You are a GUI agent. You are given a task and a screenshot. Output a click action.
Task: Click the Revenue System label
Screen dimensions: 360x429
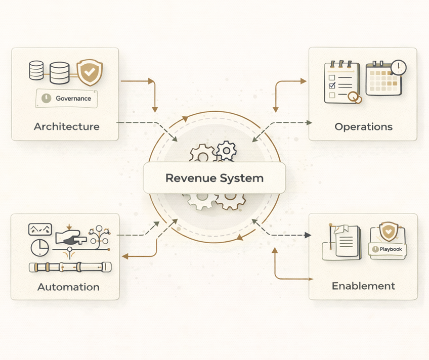tap(214, 178)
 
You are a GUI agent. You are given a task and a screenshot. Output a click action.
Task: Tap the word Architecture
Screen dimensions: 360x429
tap(66, 126)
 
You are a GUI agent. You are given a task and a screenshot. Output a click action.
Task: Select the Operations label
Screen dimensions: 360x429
tap(363, 126)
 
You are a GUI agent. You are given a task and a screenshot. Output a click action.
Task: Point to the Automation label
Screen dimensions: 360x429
tap(68, 287)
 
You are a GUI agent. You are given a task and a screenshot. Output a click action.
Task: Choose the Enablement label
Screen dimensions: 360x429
tap(363, 286)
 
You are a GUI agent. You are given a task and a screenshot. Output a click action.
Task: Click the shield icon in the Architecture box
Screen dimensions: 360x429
tap(90, 73)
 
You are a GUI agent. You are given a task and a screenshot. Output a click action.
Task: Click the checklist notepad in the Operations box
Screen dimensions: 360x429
tap(341, 82)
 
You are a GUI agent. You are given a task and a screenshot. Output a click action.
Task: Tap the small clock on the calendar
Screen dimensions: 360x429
tap(399, 67)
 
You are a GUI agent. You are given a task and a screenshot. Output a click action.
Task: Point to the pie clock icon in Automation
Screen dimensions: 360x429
tap(39, 247)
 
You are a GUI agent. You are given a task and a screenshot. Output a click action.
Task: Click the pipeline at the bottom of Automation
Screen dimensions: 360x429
tap(67, 267)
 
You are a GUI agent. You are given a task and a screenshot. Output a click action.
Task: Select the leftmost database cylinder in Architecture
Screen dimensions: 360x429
tap(37, 71)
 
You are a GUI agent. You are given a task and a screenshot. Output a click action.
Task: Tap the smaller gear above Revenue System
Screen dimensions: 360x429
tap(225, 150)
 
